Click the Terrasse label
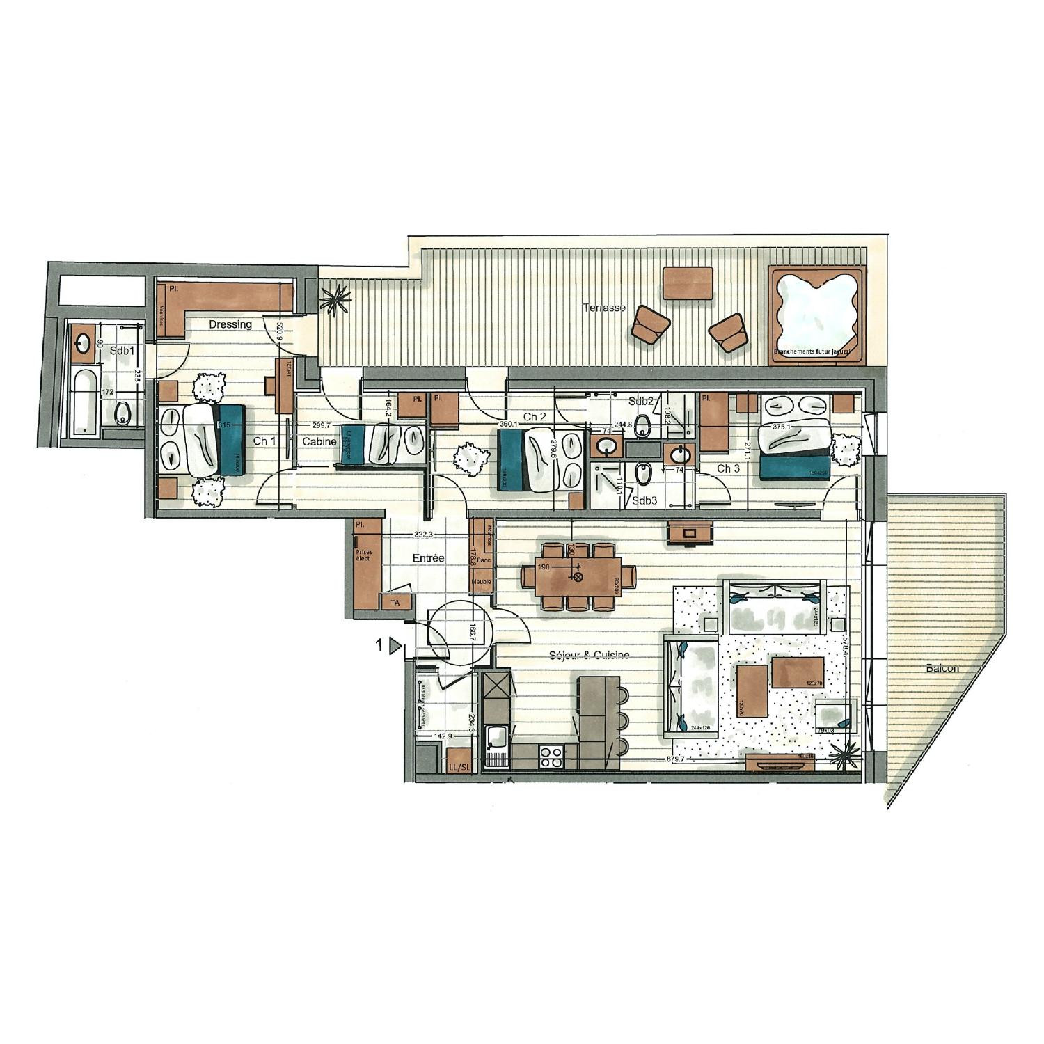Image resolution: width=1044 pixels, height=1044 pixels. pos(603,308)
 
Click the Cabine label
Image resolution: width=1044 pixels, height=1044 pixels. pos(319,441)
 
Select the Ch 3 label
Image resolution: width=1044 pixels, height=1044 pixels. pos(728,468)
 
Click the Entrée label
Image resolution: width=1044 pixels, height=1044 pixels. pos(428,558)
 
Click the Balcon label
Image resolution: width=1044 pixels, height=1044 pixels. pos(942,668)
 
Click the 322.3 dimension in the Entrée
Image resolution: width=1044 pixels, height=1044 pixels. pos(420,535)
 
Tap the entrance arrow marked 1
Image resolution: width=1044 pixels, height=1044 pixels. pos(394,647)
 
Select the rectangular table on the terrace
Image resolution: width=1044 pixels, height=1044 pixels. pos(688,283)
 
